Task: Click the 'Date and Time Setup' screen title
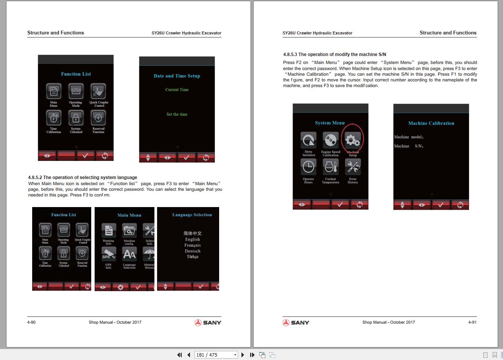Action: click(x=177, y=76)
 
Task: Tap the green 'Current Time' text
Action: click(x=177, y=90)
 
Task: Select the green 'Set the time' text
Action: click(x=177, y=114)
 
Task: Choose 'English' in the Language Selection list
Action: click(x=192, y=239)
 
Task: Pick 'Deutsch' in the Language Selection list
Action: click(x=192, y=251)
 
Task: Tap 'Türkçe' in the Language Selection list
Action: click(x=192, y=257)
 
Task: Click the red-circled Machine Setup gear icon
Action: click(x=352, y=140)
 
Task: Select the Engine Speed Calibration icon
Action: click(x=330, y=140)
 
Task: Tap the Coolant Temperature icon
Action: click(x=330, y=167)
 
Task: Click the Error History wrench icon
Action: click(x=353, y=167)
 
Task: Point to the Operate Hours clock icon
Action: click(x=308, y=167)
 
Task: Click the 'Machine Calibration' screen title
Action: click(x=431, y=123)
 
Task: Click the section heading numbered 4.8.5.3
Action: click(x=335, y=55)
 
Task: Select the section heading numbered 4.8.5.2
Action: click(x=83, y=178)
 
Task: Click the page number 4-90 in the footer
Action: click(x=31, y=323)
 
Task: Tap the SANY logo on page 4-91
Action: click(x=296, y=323)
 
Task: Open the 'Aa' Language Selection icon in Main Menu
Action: click(x=129, y=254)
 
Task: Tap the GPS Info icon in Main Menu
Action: click(x=109, y=254)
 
